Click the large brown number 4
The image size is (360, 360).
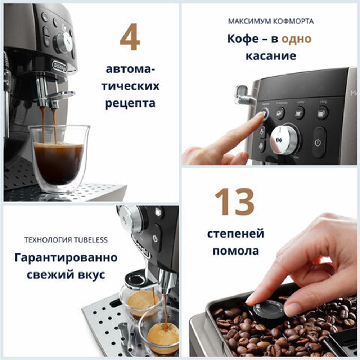pos(130,37)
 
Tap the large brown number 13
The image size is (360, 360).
pos(234,202)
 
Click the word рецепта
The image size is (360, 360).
pos(130,103)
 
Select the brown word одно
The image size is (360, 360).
pos(296,39)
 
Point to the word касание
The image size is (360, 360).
pos(271,56)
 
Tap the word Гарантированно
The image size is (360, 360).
pos(66,258)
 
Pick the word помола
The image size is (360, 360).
pos(235,251)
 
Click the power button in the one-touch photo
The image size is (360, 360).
pos(318,142)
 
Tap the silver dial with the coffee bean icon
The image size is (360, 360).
pos(284,139)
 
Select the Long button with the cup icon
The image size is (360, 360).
pos(322,112)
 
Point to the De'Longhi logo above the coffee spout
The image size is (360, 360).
pos(59,67)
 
